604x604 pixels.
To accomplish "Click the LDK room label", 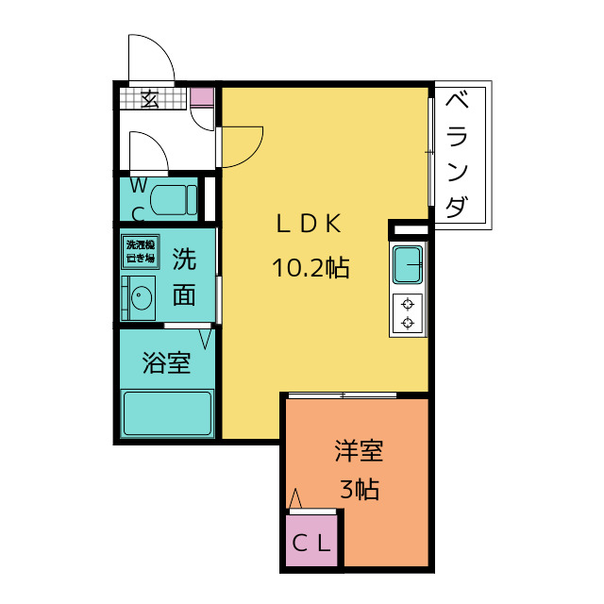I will [x=308, y=225].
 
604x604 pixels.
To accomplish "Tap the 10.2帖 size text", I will [x=310, y=269].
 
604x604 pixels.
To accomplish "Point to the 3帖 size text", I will [x=359, y=491].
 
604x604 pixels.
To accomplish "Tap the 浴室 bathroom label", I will [x=166, y=363].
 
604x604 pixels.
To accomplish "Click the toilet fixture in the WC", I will [x=174, y=199].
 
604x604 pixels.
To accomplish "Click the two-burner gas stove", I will [x=408, y=313].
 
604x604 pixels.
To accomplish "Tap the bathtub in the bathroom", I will [x=167, y=411].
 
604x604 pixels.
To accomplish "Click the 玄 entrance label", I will [x=150, y=97].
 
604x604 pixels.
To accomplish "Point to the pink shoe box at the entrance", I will [x=202, y=96].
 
